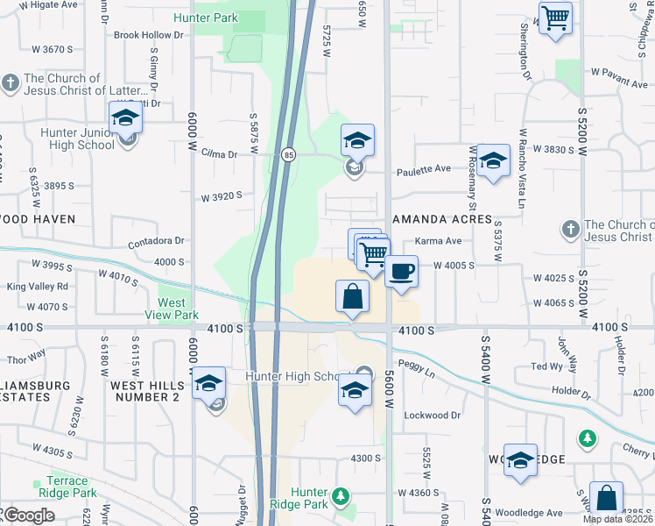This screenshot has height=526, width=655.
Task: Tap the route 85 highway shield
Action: pos(288,155)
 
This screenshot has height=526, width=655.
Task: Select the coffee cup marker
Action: pos(401,271)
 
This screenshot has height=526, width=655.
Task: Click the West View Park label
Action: pos(178,308)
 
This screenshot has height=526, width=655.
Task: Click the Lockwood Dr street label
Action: pos(432,416)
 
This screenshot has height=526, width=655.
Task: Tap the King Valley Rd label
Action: pos(38,286)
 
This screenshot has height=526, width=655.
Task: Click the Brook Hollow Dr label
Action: pos(149,35)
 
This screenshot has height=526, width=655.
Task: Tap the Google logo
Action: pos(29,515)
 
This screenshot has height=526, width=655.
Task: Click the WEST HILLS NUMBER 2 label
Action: pos(144,391)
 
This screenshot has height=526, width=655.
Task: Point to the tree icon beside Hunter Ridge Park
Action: pos(340,497)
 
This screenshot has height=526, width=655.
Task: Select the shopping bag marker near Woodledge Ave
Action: pos(606,498)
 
